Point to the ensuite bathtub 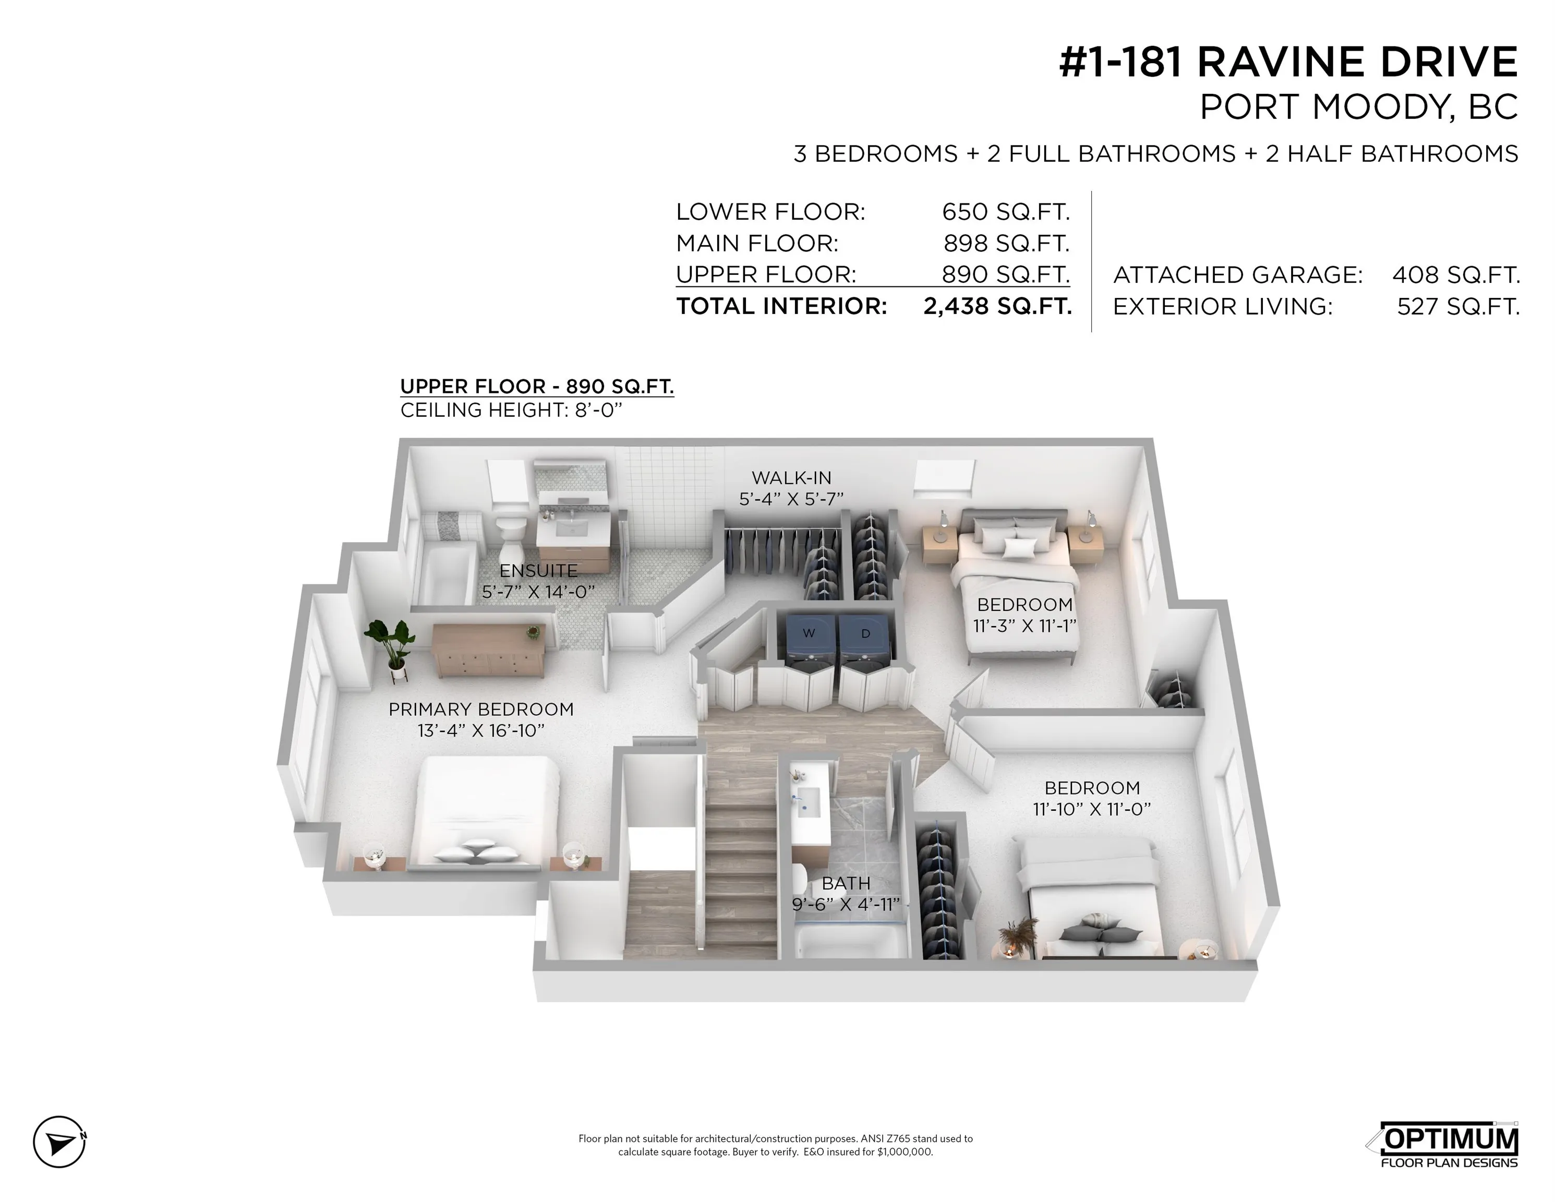(447, 570)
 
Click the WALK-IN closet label (791, 478)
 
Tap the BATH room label (846, 883)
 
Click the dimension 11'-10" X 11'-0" (1091, 809)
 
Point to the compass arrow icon (60, 1141)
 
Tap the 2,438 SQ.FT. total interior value (997, 306)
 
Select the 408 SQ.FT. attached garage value (1455, 275)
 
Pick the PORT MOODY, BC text (1358, 107)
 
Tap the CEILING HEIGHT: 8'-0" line (511, 410)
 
